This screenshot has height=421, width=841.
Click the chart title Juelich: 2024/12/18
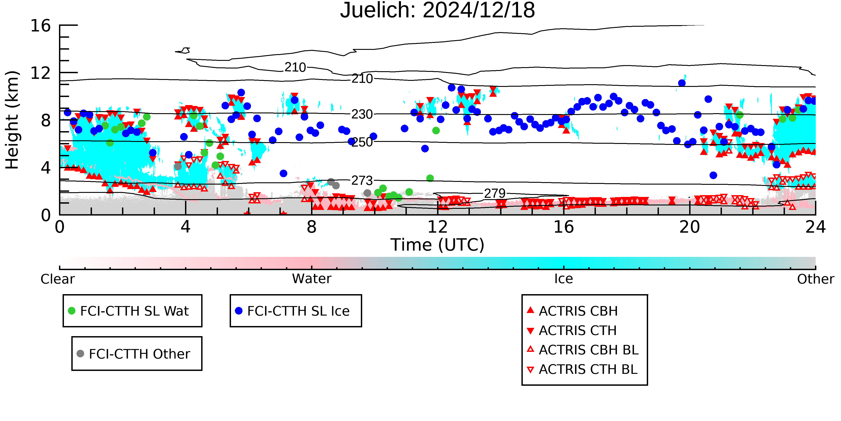click(x=438, y=11)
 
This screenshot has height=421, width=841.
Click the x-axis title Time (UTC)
click(x=438, y=245)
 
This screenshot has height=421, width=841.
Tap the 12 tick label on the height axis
click(x=41, y=73)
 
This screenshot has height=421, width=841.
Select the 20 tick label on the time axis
click(x=690, y=227)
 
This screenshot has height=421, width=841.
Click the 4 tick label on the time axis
click(x=185, y=227)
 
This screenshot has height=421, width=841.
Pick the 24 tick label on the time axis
click(x=815, y=227)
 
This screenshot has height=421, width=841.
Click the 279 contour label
click(x=495, y=194)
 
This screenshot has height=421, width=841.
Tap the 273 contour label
click(x=362, y=181)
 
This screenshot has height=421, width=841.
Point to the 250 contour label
click(x=362, y=142)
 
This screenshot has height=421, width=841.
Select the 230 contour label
click(x=362, y=115)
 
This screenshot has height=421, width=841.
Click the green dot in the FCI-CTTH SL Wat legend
click(x=72, y=311)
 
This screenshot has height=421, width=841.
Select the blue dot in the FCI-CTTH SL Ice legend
click(x=239, y=311)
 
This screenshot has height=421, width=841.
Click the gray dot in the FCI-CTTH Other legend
click(x=80, y=353)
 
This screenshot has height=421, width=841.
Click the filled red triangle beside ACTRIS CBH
click(x=531, y=310)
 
